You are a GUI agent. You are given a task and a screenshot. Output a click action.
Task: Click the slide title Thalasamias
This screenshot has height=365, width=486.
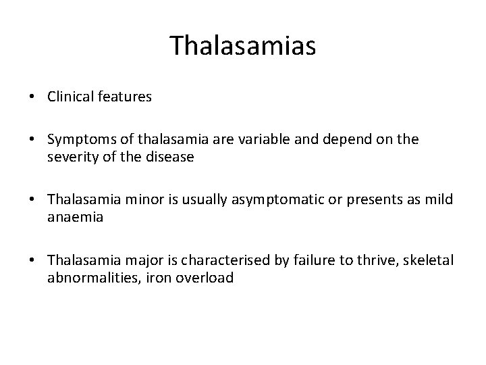point(243,45)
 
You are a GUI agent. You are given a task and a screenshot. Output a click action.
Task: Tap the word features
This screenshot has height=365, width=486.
point(125,97)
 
